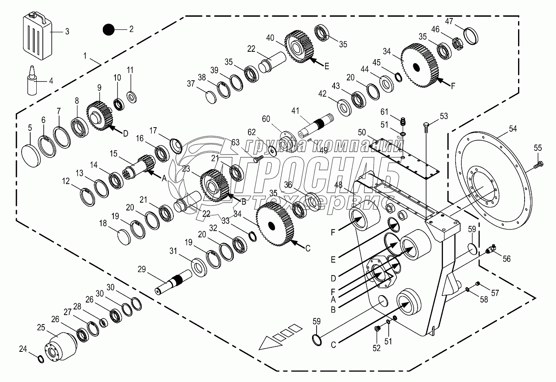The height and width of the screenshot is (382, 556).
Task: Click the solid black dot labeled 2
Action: (109, 30)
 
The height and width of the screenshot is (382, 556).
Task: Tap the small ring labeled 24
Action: (40, 359)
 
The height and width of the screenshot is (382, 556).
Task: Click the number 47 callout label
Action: (461, 21)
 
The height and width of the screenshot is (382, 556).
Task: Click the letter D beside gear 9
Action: (125, 133)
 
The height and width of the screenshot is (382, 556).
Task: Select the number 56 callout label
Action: (507, 258)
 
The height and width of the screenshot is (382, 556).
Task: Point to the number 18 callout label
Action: (102, 223)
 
